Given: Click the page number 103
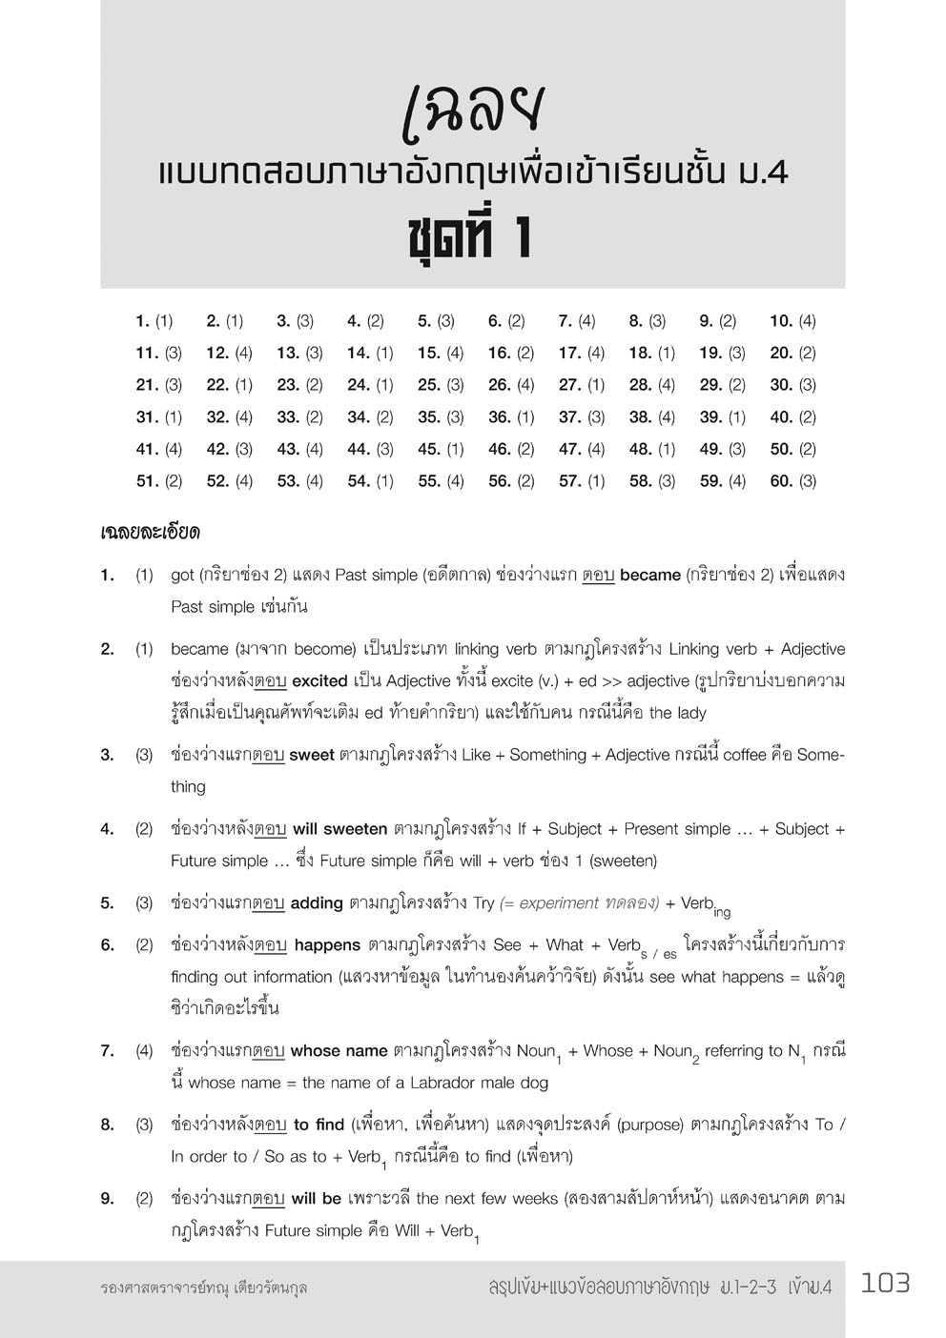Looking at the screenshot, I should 885,1284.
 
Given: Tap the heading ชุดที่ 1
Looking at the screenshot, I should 469,238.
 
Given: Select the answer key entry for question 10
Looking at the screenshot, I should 792,321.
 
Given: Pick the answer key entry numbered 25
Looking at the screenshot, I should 441,385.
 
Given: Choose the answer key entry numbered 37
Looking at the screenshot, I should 582,417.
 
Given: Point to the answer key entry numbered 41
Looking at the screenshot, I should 158,449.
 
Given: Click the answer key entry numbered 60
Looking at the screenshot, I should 792,481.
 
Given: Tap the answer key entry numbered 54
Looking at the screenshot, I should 370,481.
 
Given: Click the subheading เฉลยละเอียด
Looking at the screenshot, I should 150,532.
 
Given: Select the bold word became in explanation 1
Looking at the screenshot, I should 649,576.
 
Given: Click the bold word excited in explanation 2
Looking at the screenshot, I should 319,681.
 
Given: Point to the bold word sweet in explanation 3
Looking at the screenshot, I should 312,756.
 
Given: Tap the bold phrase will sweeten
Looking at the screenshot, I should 339,829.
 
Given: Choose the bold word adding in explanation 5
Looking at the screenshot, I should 317,903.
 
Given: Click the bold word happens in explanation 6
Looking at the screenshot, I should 327,945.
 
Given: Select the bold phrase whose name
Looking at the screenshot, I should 339,1051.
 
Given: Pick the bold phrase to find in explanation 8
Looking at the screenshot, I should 319,1125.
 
